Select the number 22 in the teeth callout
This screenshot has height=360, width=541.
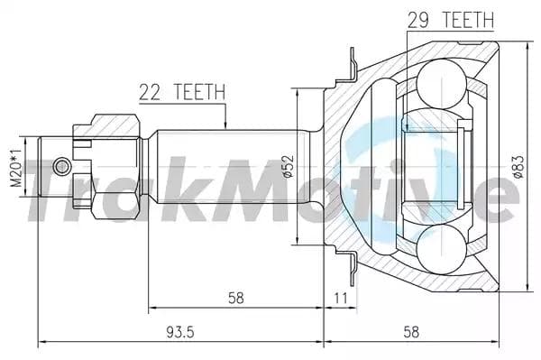(151, 91)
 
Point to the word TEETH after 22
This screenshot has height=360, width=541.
(199, 91)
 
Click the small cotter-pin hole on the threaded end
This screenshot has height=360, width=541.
(60, 166)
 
